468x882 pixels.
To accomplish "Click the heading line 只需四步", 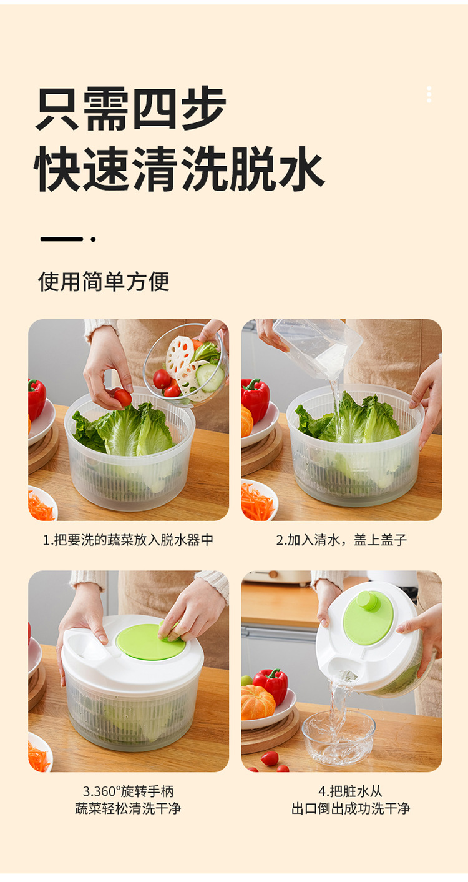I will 131,109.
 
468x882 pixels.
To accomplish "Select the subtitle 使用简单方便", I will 104,281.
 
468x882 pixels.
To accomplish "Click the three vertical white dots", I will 429,94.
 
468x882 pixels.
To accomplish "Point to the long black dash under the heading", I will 61,239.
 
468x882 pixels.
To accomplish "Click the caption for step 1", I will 128,540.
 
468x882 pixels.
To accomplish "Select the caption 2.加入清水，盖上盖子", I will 341,540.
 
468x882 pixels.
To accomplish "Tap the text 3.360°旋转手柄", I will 128,791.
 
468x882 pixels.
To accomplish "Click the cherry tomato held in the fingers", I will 122,397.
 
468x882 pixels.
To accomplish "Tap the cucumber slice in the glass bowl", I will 211,378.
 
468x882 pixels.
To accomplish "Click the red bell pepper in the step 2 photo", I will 256,398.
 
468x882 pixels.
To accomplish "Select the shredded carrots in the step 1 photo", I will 41,506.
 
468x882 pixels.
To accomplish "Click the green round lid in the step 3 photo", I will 150,642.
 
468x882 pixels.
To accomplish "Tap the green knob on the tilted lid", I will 368,601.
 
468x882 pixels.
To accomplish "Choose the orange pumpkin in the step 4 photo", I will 258,703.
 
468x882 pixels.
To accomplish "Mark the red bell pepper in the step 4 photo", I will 272,684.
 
